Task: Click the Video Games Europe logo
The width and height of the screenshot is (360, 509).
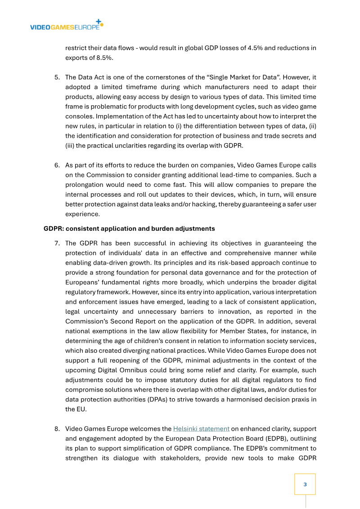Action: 66,26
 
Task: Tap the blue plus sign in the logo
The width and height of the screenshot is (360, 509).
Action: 99,21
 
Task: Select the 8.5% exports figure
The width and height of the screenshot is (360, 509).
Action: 104,58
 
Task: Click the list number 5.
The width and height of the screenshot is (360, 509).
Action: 57,77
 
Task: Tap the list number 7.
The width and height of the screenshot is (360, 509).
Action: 57,243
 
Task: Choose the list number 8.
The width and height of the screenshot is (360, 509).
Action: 57,428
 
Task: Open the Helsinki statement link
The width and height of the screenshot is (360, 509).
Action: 201,428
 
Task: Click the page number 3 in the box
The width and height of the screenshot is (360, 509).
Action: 305,484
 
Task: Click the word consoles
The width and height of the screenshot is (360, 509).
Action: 80,117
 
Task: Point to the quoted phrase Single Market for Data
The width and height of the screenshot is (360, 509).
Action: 232,77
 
